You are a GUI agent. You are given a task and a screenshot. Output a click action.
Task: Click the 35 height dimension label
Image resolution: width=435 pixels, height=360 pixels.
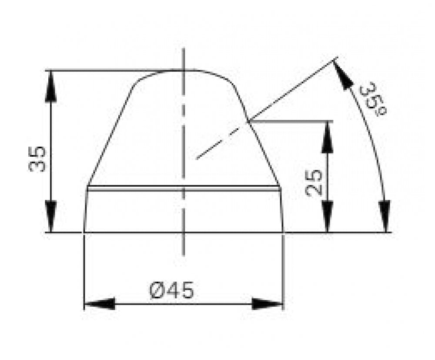point(37,159)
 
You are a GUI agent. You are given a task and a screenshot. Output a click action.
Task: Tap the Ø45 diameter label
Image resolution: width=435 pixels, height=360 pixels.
point(171,290)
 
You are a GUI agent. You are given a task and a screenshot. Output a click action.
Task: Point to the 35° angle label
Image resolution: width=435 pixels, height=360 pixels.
point(373,101)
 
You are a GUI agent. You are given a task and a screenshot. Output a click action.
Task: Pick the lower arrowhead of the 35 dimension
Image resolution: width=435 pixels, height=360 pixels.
point(51,216)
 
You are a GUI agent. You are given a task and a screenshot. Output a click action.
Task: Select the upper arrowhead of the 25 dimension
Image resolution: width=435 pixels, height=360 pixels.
point(328,137)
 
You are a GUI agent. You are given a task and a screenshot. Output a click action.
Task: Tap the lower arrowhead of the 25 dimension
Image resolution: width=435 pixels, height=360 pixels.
point(328,216)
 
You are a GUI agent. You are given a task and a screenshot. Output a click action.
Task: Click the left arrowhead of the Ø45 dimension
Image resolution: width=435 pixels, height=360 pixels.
point(99,304)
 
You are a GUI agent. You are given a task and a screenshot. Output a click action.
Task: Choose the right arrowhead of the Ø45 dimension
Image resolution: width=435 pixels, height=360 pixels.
point(268,304)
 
